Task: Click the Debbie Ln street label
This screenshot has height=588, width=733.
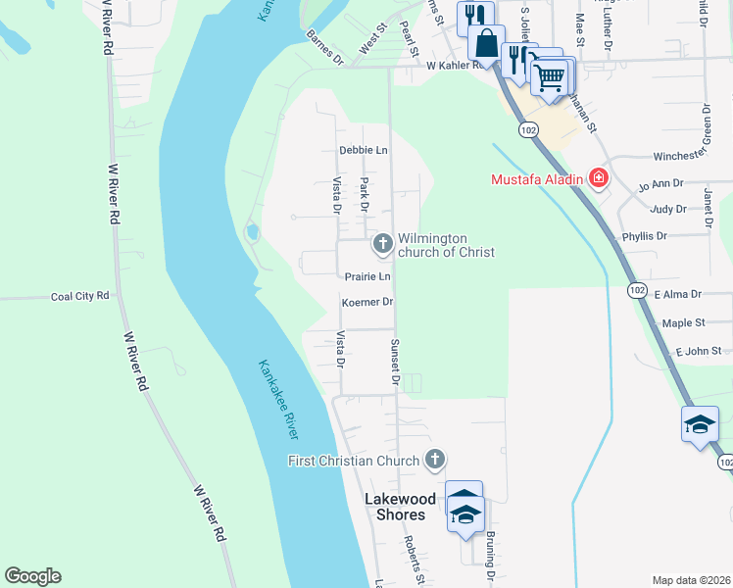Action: (x=364, y=151)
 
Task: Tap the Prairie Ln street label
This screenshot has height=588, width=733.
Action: (x=366, y=276)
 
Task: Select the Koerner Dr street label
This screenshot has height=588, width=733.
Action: (x=366, y=303)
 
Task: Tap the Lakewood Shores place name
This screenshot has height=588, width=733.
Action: (x=402, y=507)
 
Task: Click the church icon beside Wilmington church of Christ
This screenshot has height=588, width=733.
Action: (x=382, y=241)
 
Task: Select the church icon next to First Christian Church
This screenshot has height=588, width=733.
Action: (x=434, y=459)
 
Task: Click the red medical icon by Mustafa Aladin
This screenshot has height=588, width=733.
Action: (x=598, y=178)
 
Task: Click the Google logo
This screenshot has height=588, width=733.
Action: (x=32, y=576)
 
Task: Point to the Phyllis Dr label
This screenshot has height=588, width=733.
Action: (x=644, y=236)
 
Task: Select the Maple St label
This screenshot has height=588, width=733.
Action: (x=684, y=322)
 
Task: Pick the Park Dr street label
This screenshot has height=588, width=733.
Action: (x=364, y=194)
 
